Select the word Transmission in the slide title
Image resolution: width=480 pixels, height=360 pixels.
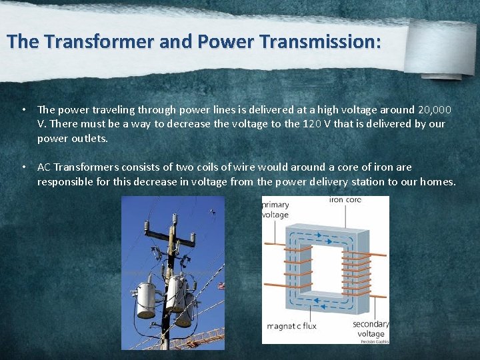click(321, 41)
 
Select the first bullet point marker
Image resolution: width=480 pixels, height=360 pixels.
click(23, 109)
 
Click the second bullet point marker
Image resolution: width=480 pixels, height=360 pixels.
click(23, 167)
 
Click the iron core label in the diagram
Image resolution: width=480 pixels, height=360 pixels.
click(345, 199)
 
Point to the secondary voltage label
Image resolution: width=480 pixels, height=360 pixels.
click(370, 329)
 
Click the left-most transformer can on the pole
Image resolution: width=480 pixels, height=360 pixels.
click(146, 300)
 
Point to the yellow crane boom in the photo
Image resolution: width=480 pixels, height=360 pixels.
click(200, 337)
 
